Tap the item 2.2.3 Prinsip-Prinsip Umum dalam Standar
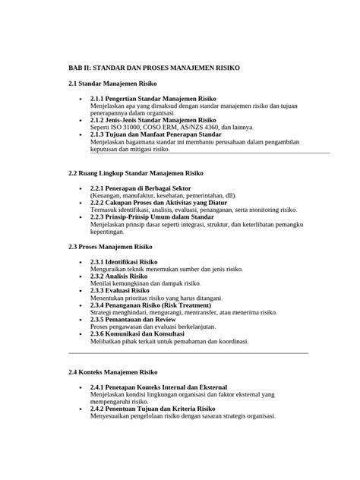[x=151, y=216]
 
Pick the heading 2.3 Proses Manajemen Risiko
[x=111, y=248]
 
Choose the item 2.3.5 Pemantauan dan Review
[x=133, y=320]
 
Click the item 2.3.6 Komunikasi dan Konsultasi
[x=139, y=334]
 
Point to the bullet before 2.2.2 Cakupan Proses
[x=81, y=202]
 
